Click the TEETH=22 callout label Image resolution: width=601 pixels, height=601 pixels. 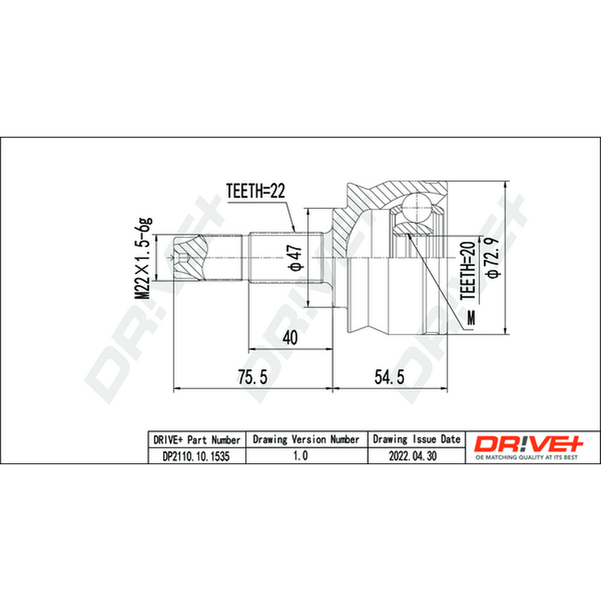tap(255, 191)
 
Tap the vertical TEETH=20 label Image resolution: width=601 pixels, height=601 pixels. tap(468, 270)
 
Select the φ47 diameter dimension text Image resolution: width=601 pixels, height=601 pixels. tap(296, 258)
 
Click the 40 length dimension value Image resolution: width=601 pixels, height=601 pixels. tap(290, 337)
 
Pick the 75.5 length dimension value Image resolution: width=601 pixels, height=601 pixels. tap(252, 377)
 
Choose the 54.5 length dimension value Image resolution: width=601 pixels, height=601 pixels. tap(389, 377)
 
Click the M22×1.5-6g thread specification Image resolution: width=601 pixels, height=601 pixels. tap(143, 258)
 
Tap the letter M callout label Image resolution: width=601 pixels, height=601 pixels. tap(471, 317)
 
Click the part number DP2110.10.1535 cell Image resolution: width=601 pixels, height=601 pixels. tap(196, 456)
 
